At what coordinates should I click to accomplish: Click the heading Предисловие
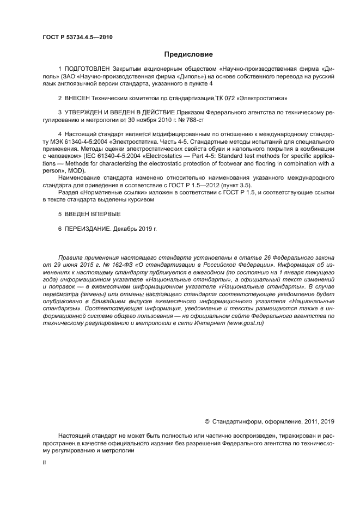click(x=188, y=54)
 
